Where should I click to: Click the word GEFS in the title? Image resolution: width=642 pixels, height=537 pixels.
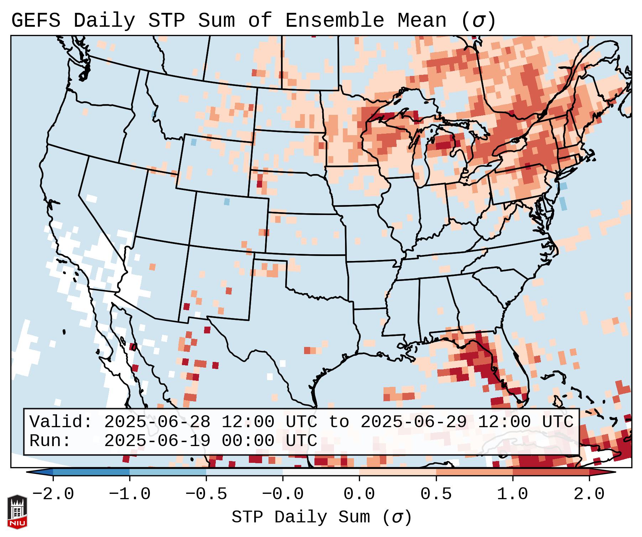click(36, 21)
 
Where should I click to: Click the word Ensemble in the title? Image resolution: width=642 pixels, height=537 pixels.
click(335, 21)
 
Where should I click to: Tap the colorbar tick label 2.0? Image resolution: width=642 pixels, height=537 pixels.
click(589, 494)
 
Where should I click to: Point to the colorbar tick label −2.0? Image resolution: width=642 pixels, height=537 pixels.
click(53, 494)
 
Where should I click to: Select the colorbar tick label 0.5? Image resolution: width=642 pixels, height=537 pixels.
click(436, 494)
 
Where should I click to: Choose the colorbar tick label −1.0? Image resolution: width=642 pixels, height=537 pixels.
click(130, 494)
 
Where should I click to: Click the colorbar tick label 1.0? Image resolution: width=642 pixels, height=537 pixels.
click(513, 494)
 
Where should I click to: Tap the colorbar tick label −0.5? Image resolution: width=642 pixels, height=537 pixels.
click(206, 494)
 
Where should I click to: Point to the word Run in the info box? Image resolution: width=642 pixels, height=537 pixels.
click(45, 441)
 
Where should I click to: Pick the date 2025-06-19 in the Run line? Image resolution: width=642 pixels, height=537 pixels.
click(157, 441)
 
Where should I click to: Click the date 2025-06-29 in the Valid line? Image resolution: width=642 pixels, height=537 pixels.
click(413, 422)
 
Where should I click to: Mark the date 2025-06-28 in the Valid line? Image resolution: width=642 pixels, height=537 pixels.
click(157, 422)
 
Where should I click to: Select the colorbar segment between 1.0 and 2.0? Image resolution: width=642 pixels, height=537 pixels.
click(551, 472)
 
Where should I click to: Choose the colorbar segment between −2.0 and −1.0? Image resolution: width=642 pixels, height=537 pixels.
click(91, 472)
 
